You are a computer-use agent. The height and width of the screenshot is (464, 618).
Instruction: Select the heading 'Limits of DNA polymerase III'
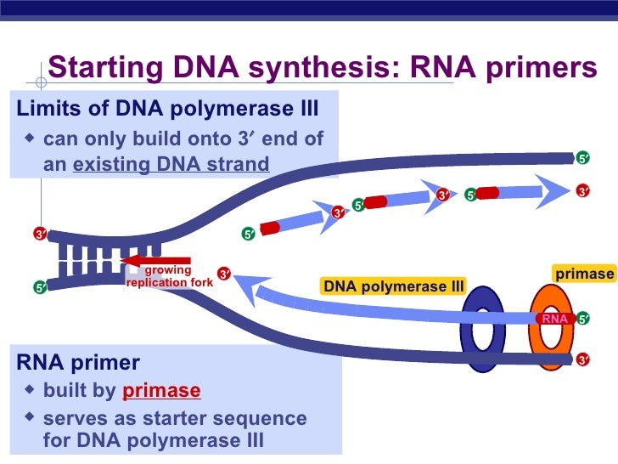coord(168,110)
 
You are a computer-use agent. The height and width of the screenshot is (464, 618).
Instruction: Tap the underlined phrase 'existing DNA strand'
coord(171,163)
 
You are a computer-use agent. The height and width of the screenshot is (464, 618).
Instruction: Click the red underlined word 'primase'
coord(161,390)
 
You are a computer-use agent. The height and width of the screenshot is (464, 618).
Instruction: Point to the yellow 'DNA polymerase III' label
coord(393,286)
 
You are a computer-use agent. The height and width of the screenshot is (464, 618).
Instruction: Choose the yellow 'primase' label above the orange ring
coord(583,274)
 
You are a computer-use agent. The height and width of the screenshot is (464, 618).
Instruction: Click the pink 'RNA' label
coord(553,319)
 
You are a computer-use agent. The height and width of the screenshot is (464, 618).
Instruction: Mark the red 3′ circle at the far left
coord(40,234)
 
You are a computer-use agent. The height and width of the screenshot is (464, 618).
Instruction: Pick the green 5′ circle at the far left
coord(40,288)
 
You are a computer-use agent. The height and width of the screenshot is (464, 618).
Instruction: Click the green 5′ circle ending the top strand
coord(583,158)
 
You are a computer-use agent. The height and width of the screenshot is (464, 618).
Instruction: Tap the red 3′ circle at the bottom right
coord(583,360)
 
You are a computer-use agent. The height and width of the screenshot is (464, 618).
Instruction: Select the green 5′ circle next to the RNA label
coord(583,320)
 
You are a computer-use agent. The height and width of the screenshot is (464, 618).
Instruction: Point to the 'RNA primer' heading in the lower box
coord(78,363)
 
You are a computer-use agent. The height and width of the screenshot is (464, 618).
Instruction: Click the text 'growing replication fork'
coord(169,276)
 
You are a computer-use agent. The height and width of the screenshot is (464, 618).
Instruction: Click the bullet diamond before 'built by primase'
coord(31,389)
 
